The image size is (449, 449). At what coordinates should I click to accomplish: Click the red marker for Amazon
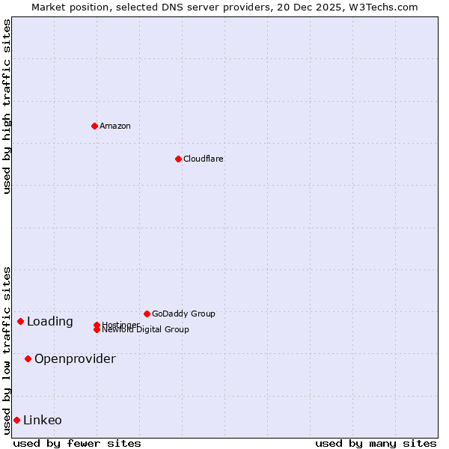(94, 126)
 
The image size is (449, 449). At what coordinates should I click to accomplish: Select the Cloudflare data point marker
(178, 159)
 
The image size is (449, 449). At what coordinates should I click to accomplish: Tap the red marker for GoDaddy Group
(147, 314)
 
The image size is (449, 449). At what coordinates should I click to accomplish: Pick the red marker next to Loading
(20, 321)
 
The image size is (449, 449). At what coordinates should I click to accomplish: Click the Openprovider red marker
(28, 358)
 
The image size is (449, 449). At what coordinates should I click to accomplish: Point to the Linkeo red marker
(16, 420)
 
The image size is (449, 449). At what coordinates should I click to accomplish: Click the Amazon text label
(115, 126)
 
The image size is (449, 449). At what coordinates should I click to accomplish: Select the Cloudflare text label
(204, 159)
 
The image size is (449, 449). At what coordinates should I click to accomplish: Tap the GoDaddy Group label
(183, 314)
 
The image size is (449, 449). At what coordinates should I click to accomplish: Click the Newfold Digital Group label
(146, 330)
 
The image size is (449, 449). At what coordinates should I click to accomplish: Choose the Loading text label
(50, 322)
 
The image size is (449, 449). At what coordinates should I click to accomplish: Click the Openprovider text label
(75, 359)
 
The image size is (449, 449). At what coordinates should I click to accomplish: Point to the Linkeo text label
(43, 421)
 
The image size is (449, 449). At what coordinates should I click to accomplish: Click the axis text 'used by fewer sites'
(77, 443)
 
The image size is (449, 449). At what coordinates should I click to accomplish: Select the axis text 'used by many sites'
(376, 443)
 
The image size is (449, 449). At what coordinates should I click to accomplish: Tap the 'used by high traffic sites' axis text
(7, 106)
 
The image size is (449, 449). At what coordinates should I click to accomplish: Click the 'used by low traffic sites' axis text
(7, 350)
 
